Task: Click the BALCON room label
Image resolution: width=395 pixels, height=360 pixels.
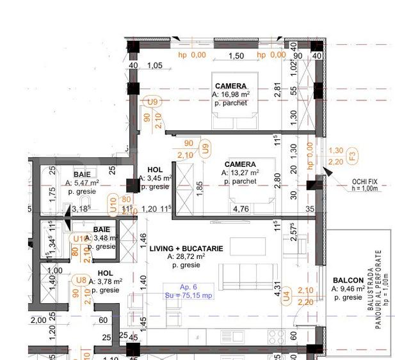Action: [x=348, y=280]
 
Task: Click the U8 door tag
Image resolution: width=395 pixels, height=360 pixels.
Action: [x=81, y=280]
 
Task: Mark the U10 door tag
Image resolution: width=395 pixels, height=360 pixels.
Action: [x=112, y=204]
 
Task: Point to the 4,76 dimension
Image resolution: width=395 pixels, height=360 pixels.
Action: [x=241, y=209]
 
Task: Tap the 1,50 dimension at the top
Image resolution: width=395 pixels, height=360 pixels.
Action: [x=236, y=56]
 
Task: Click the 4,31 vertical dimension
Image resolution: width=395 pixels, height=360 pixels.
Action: [x=277, y=292]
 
